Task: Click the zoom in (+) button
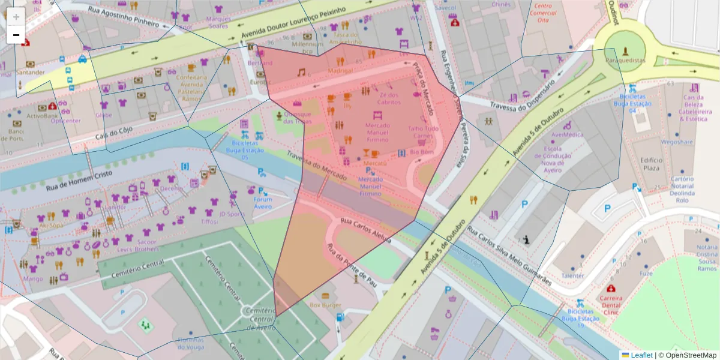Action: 16,16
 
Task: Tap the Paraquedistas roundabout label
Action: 625,61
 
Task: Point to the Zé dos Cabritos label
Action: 389,98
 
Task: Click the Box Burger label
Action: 325,305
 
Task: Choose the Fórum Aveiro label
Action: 263,203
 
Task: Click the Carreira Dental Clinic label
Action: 611,304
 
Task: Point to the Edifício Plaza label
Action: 650,164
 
